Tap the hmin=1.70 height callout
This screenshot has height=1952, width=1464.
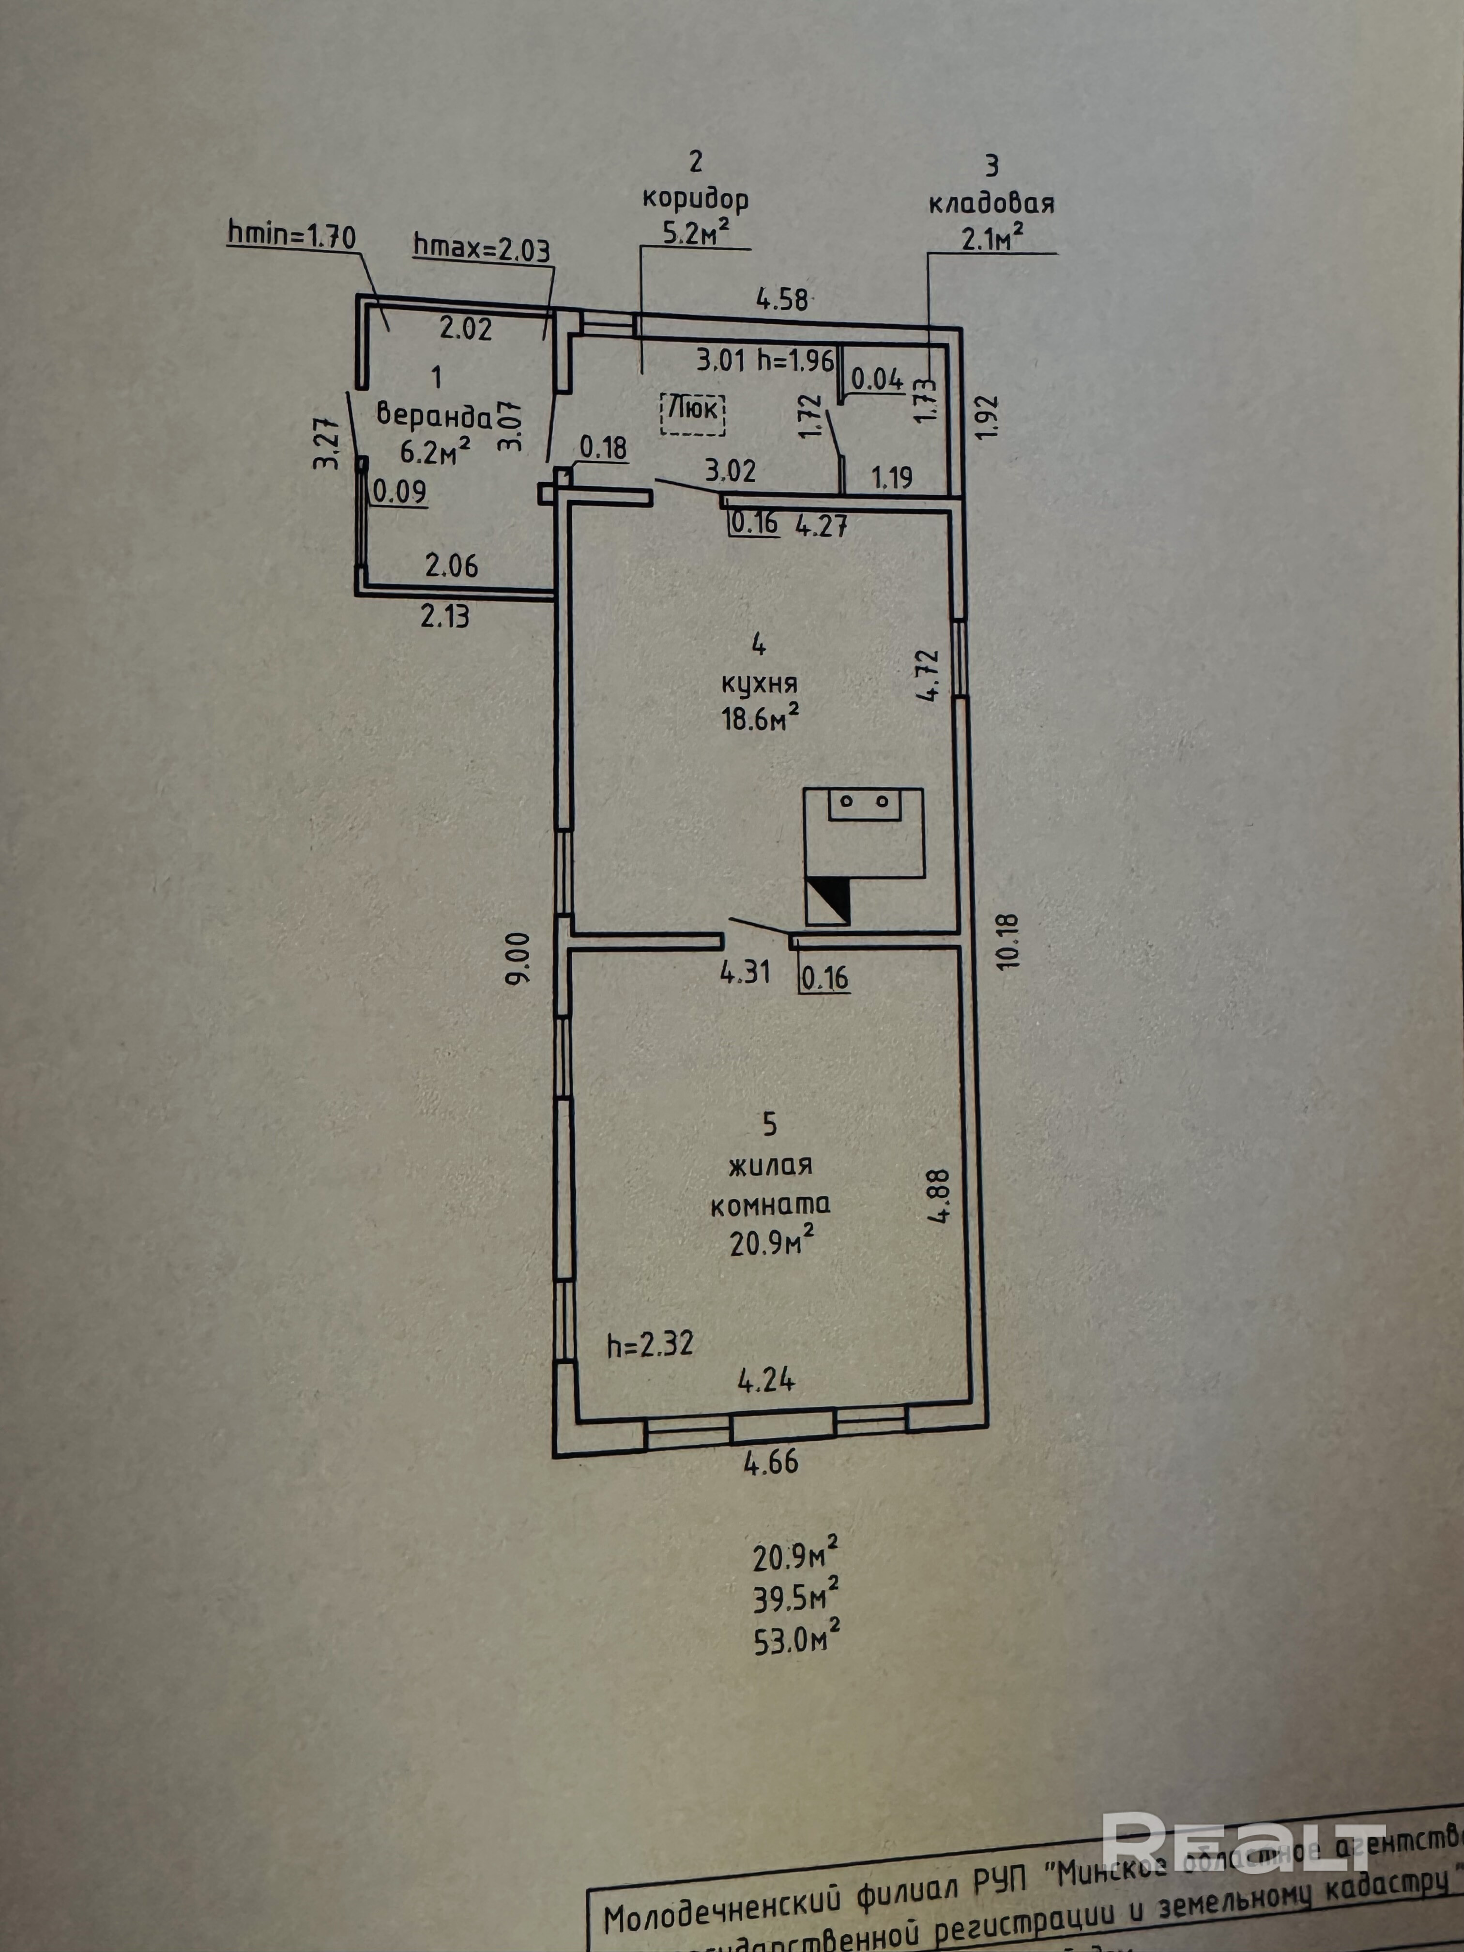(x=291, y=236)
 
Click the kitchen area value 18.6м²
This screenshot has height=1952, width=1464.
(x=761, y=718)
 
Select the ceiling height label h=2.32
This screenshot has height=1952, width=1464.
(x=650, y=1344)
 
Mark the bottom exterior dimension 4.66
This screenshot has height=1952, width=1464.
(x=770, y=1462)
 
